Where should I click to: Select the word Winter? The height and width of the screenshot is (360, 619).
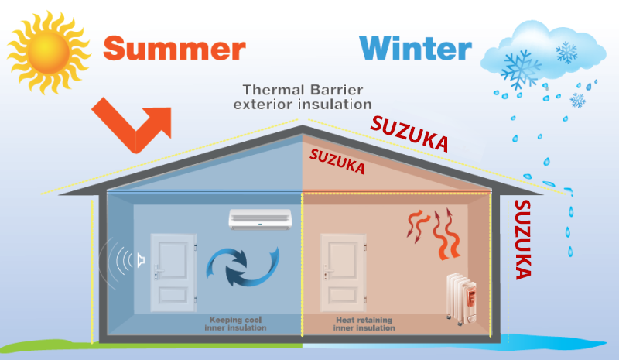[416, 48]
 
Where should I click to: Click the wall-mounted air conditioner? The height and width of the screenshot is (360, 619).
[260, 218]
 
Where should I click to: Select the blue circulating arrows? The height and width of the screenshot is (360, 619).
[240, 270]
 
